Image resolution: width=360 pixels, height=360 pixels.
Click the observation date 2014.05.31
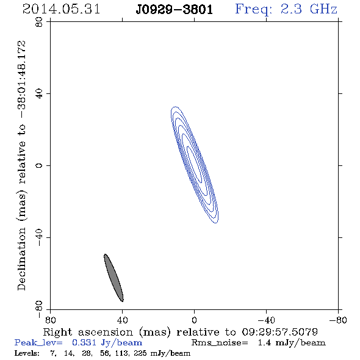coord(61,9)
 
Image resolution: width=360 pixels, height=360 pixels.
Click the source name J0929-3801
coord(175,10)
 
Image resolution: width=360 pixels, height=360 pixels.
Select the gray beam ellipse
coord(113,278)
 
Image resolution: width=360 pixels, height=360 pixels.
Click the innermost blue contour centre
coord(195,165)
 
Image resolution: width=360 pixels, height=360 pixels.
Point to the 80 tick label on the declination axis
coord(39,22)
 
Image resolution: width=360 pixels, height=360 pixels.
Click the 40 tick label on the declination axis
coord(39,94)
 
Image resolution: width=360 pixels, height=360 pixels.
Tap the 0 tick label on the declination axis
coord(39,165)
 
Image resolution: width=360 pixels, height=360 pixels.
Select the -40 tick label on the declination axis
coord(39,237)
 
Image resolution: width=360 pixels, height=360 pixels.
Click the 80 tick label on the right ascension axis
coord(50,320)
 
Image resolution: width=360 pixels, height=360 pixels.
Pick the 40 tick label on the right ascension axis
coord(123,320)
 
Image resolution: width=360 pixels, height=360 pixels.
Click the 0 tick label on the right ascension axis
coord(194,320)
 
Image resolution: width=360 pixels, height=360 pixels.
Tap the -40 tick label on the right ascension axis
coord(266,320)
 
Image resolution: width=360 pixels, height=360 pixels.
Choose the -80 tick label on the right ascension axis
coord(338,320)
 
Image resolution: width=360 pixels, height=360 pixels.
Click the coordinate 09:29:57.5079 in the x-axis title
coord(280,332)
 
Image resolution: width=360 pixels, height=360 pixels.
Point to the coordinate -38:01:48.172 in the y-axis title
coord(22,79)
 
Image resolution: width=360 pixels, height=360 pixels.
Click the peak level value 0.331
coord(84,342)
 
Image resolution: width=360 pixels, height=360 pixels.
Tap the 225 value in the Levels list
coord(140,353)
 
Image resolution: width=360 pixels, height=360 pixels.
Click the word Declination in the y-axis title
coord(21,259)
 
